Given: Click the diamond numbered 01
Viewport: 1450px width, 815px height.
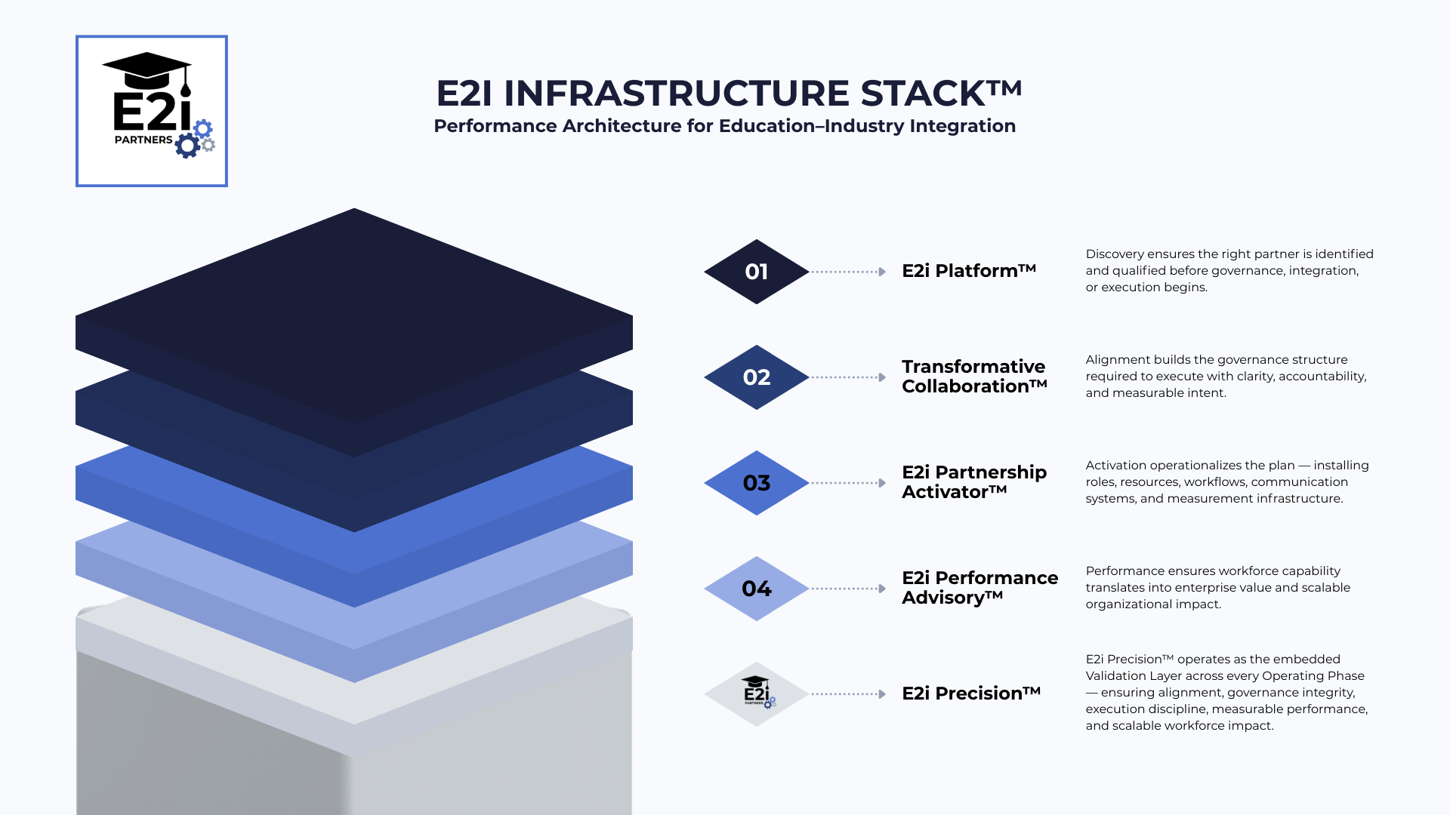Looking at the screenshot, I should (x=756, y=272).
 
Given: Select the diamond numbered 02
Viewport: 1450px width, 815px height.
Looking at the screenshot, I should (x=756, y=377).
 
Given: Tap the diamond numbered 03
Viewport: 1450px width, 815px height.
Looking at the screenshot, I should (x=756, y=483).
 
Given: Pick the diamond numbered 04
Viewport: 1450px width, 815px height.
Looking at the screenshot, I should (x=756, y=589).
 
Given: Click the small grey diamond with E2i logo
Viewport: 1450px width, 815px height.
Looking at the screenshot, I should (x=756, y=694).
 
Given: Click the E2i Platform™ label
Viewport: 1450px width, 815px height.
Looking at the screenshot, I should (x=968, y=271).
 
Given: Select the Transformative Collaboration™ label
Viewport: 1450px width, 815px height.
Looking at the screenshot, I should (x=974, y=377).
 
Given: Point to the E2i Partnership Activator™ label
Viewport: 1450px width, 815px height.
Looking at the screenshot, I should (x=973, y=482).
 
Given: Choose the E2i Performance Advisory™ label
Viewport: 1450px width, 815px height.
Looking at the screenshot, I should (x=980, y=588).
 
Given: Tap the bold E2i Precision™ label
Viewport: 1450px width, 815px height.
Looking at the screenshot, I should (x=971, y=694).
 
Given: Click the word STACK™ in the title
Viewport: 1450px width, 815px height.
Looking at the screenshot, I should (x=941, y=94).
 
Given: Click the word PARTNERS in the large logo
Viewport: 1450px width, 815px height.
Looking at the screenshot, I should (x=143, y=140).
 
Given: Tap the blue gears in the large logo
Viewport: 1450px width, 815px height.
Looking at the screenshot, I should (x=193, y=138).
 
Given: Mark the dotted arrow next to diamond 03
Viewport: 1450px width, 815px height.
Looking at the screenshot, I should (x=848, y=483).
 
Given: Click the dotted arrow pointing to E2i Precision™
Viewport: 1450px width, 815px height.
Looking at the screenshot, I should (x=848, y=694).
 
